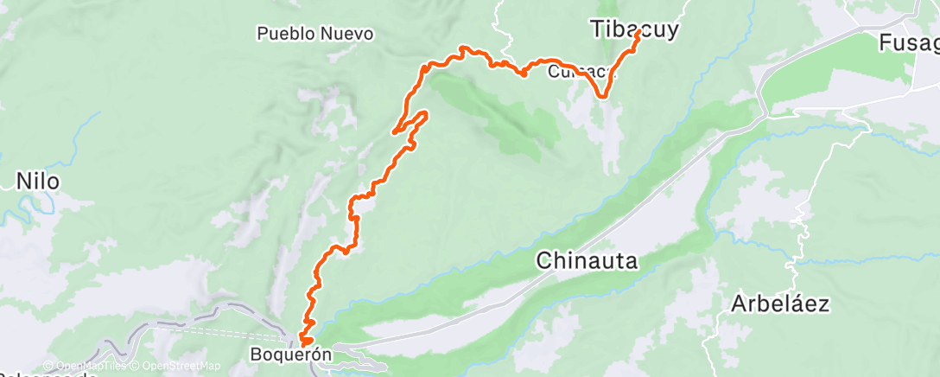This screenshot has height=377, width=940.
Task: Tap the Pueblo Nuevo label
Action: pyautogui.click(x=315, y=35)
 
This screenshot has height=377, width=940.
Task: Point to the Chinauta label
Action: pyautogui.click(x=587, y=259)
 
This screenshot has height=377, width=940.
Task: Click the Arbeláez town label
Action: pyautogui.click(x=780, y=304)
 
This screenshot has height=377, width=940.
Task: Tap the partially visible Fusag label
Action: pyautogui.click(x=908, y=42)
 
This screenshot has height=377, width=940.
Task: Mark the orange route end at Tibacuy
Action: pyautogui.click(x=638, y=35)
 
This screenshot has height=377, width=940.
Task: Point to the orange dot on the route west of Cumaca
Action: pyautogui.click(x=524, y=73)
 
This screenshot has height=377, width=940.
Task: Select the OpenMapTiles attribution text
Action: pyautogui.click(x=85, y=366)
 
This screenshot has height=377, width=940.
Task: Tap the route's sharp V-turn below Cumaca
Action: pyautogui.click(x=603, y=96)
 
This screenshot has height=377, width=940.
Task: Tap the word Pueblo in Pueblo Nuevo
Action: pyautogui.click(x=284, y=35)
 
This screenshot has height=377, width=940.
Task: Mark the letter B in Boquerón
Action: pyautogui.click(x=255, y=354)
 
